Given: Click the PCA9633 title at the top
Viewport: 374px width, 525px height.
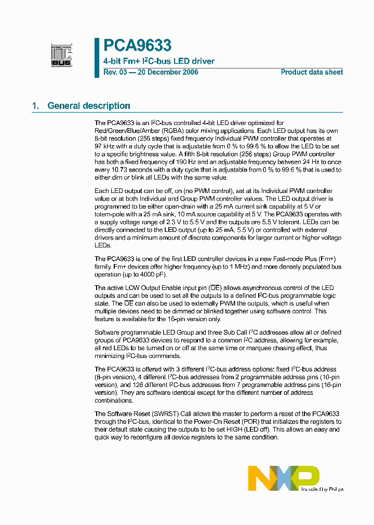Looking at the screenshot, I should [137, 46].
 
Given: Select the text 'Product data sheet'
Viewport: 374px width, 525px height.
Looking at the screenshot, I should [312, 72].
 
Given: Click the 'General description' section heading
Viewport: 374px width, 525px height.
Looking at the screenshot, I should [88, 106].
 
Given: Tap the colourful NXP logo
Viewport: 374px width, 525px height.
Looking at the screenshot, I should [283, 478].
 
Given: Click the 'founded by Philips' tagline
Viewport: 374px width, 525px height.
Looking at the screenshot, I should [322, 489].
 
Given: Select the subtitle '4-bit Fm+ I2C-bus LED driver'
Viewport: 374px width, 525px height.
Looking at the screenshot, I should [159, 61].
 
